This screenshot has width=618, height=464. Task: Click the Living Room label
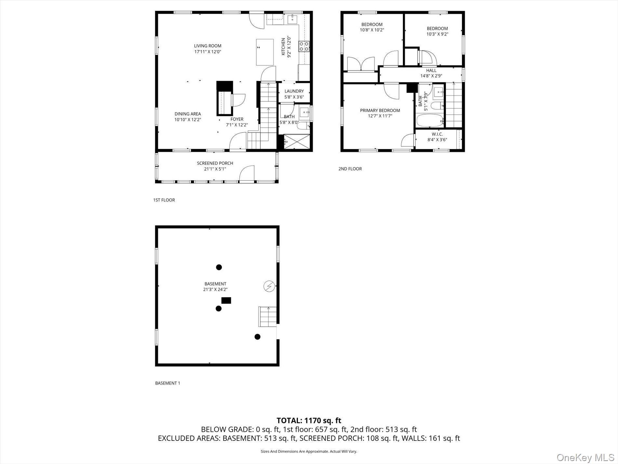coord(208,46)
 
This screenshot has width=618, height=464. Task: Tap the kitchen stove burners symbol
coord(304,46)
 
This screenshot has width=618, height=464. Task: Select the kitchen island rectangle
coord(265,52)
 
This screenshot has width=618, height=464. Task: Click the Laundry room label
coord(294,91)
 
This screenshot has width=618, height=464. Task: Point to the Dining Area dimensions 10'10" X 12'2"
coord(188,120)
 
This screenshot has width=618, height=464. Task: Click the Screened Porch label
coord(215,163)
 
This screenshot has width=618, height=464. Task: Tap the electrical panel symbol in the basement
coord(269,286)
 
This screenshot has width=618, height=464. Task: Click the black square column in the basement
coord(226,300)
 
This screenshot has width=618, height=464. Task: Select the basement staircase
coord(267,316)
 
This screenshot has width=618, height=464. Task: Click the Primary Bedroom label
coord(380,110)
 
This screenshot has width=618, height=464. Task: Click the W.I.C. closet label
coord(437,134)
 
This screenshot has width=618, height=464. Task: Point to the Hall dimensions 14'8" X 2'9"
coord(431,76)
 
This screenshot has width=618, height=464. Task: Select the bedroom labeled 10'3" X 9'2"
coord(437,31)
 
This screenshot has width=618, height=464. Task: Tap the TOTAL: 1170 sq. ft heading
coord(309,420)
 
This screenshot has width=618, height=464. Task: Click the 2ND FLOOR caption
coord(350,169)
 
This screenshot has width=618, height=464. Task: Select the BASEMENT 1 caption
coord(168,383)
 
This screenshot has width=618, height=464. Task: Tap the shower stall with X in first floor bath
coord(296,142)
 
